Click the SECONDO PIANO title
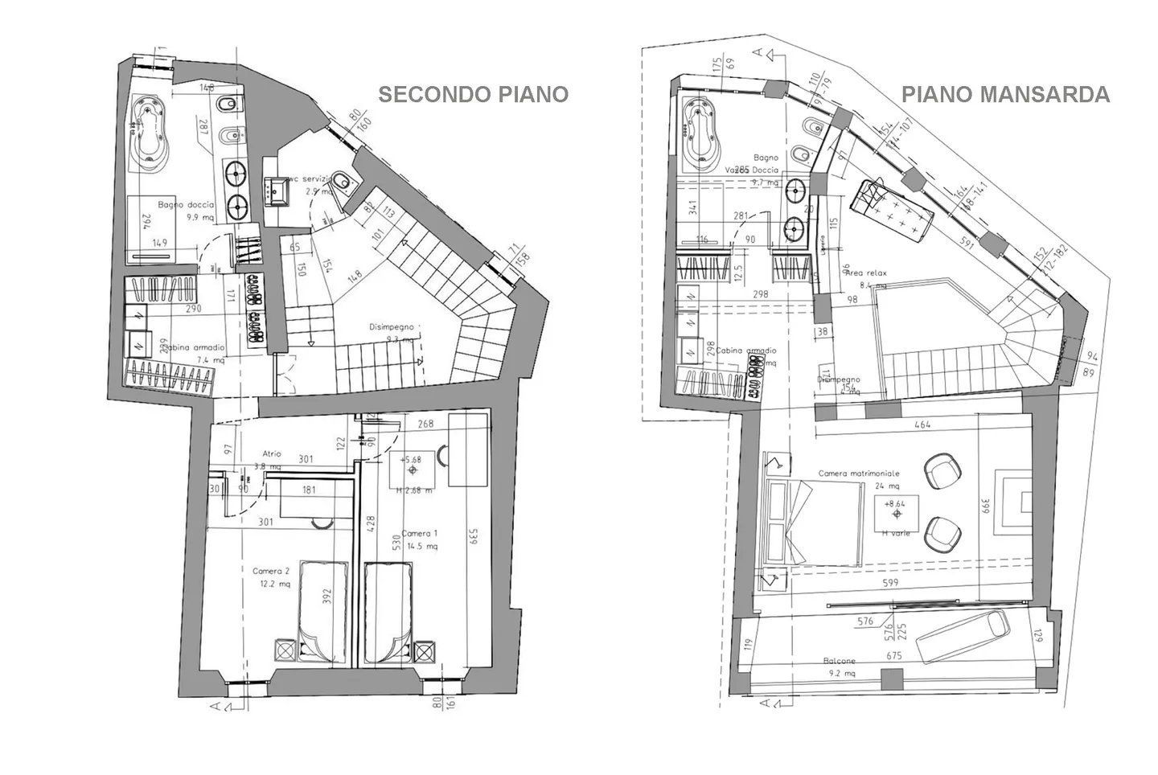pos(473,94)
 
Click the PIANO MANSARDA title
pos(1004,94)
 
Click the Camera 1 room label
pos(420,534)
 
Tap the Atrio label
pos(272,454)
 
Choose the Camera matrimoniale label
pos(859,474)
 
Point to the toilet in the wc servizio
pos(343,182)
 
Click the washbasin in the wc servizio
pos(279,191)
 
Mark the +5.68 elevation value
pos(411,459)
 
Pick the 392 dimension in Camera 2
pos(326,597)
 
